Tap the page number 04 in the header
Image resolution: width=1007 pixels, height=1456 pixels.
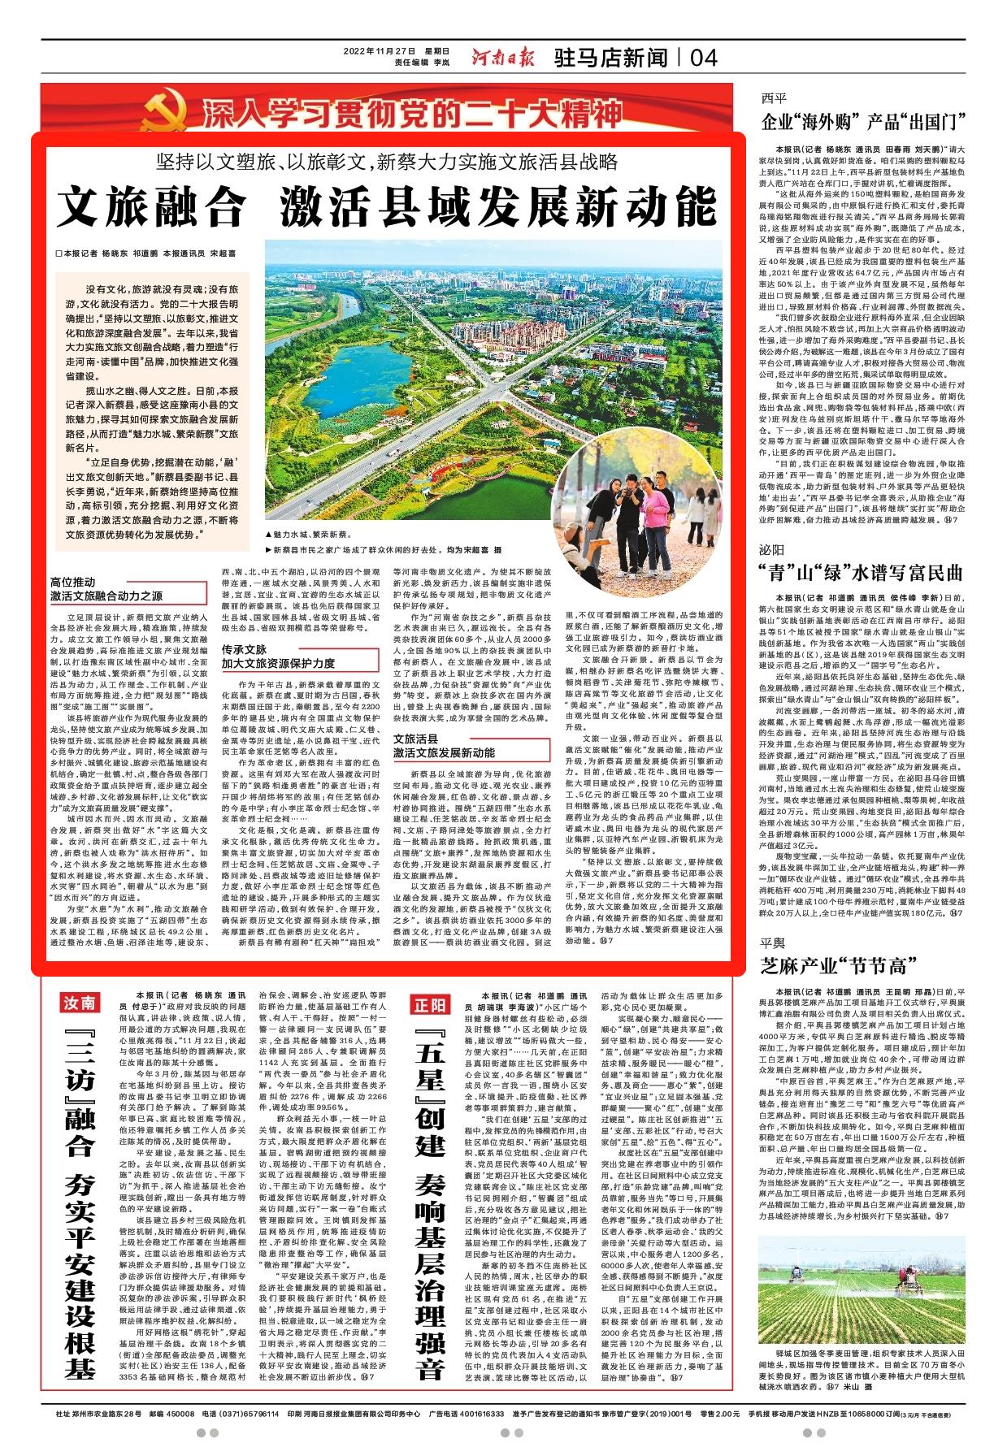pos(705,58)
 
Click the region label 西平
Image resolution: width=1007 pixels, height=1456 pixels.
pos(774,99)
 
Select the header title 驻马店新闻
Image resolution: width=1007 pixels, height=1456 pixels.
pos(611,58)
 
